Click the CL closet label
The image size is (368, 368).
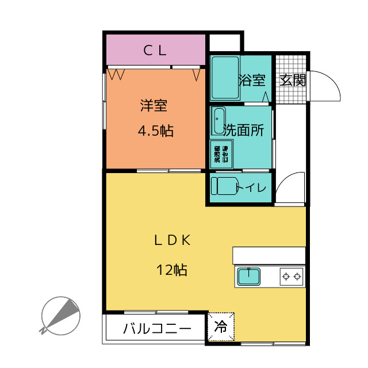click(x=155, y=50)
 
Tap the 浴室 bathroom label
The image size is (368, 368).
click(x=251, y=80)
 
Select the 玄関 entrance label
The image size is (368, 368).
click(x=292, y=80)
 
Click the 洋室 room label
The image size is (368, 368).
click(x=154, y=106)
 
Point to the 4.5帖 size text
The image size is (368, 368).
click(x=155, y=131)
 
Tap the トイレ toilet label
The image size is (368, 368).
click(x=251, y=188)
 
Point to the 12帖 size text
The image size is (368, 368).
click(x=172, y=269)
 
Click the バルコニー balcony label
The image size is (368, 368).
click(x=156, y=329)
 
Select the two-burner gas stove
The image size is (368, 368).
click(x=291, y=277)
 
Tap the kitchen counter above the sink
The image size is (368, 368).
click(x=268, y=255)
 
